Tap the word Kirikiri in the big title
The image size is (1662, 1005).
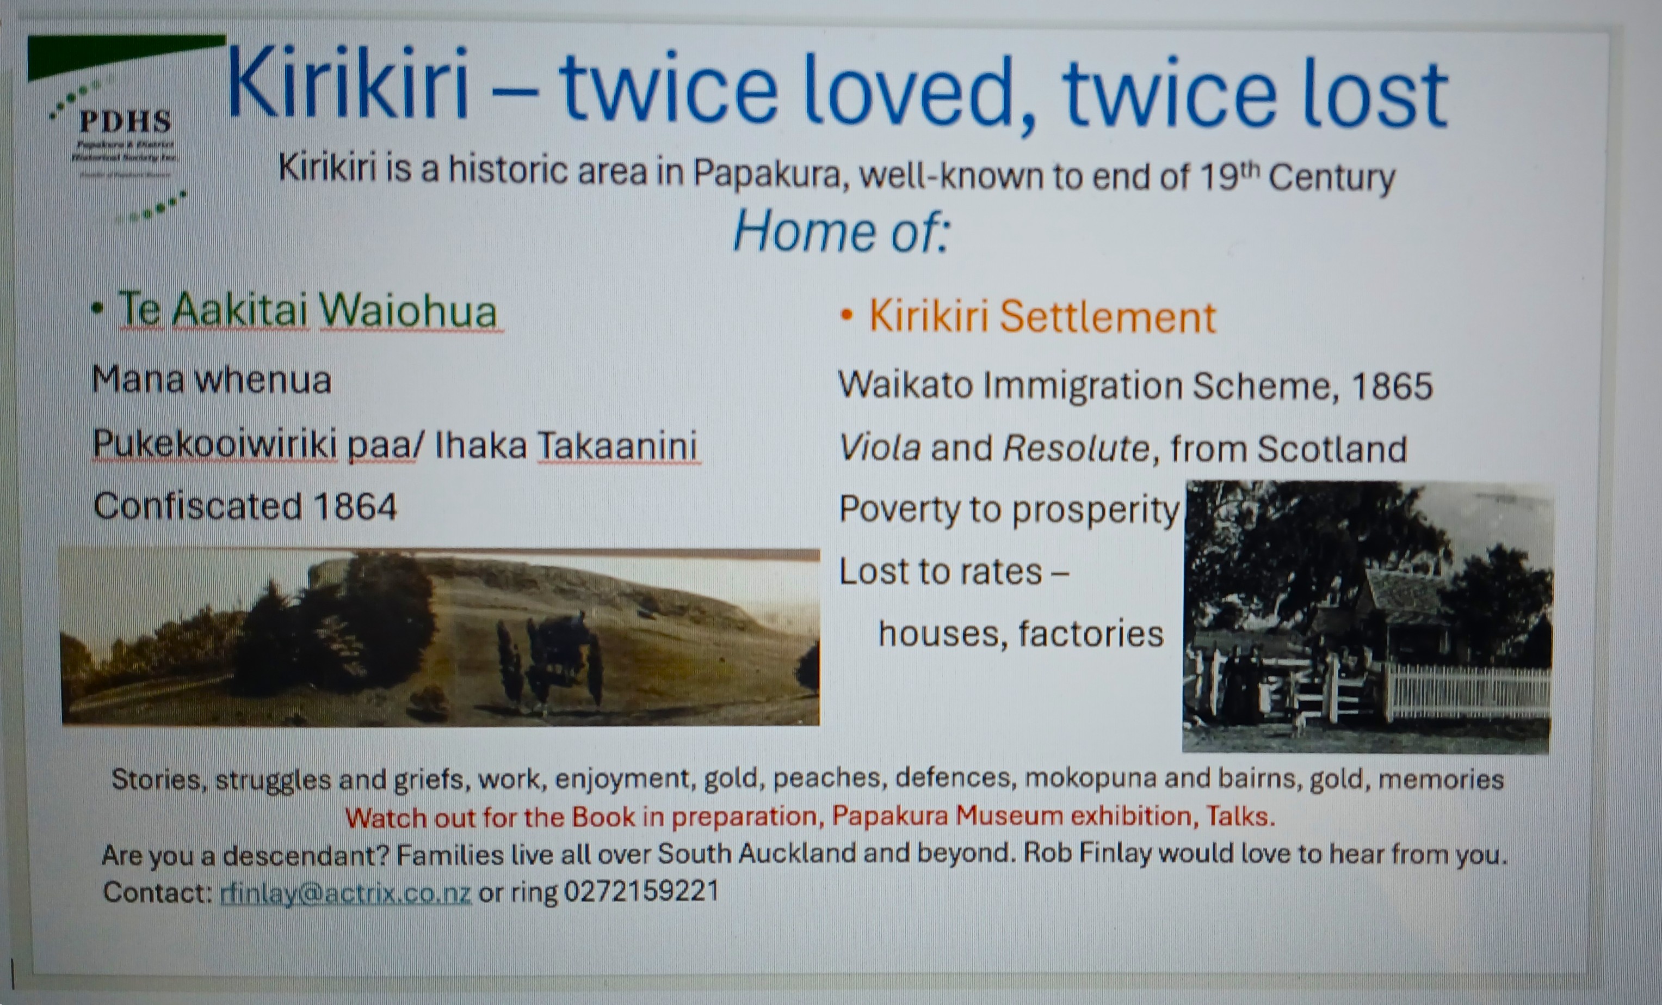coord(348,84)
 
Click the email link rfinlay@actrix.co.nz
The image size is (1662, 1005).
coord(345,893)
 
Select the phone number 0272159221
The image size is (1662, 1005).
coord(641,891)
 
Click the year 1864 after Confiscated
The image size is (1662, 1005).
coord(355,506)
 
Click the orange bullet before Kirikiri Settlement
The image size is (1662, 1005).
coord(847,316)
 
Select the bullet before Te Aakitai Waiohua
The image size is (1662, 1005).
coord(98,309)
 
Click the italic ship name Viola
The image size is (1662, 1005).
coord(880,448)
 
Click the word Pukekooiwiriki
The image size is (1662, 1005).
coord(214,445)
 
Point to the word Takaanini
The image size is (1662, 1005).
coord(618,445)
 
